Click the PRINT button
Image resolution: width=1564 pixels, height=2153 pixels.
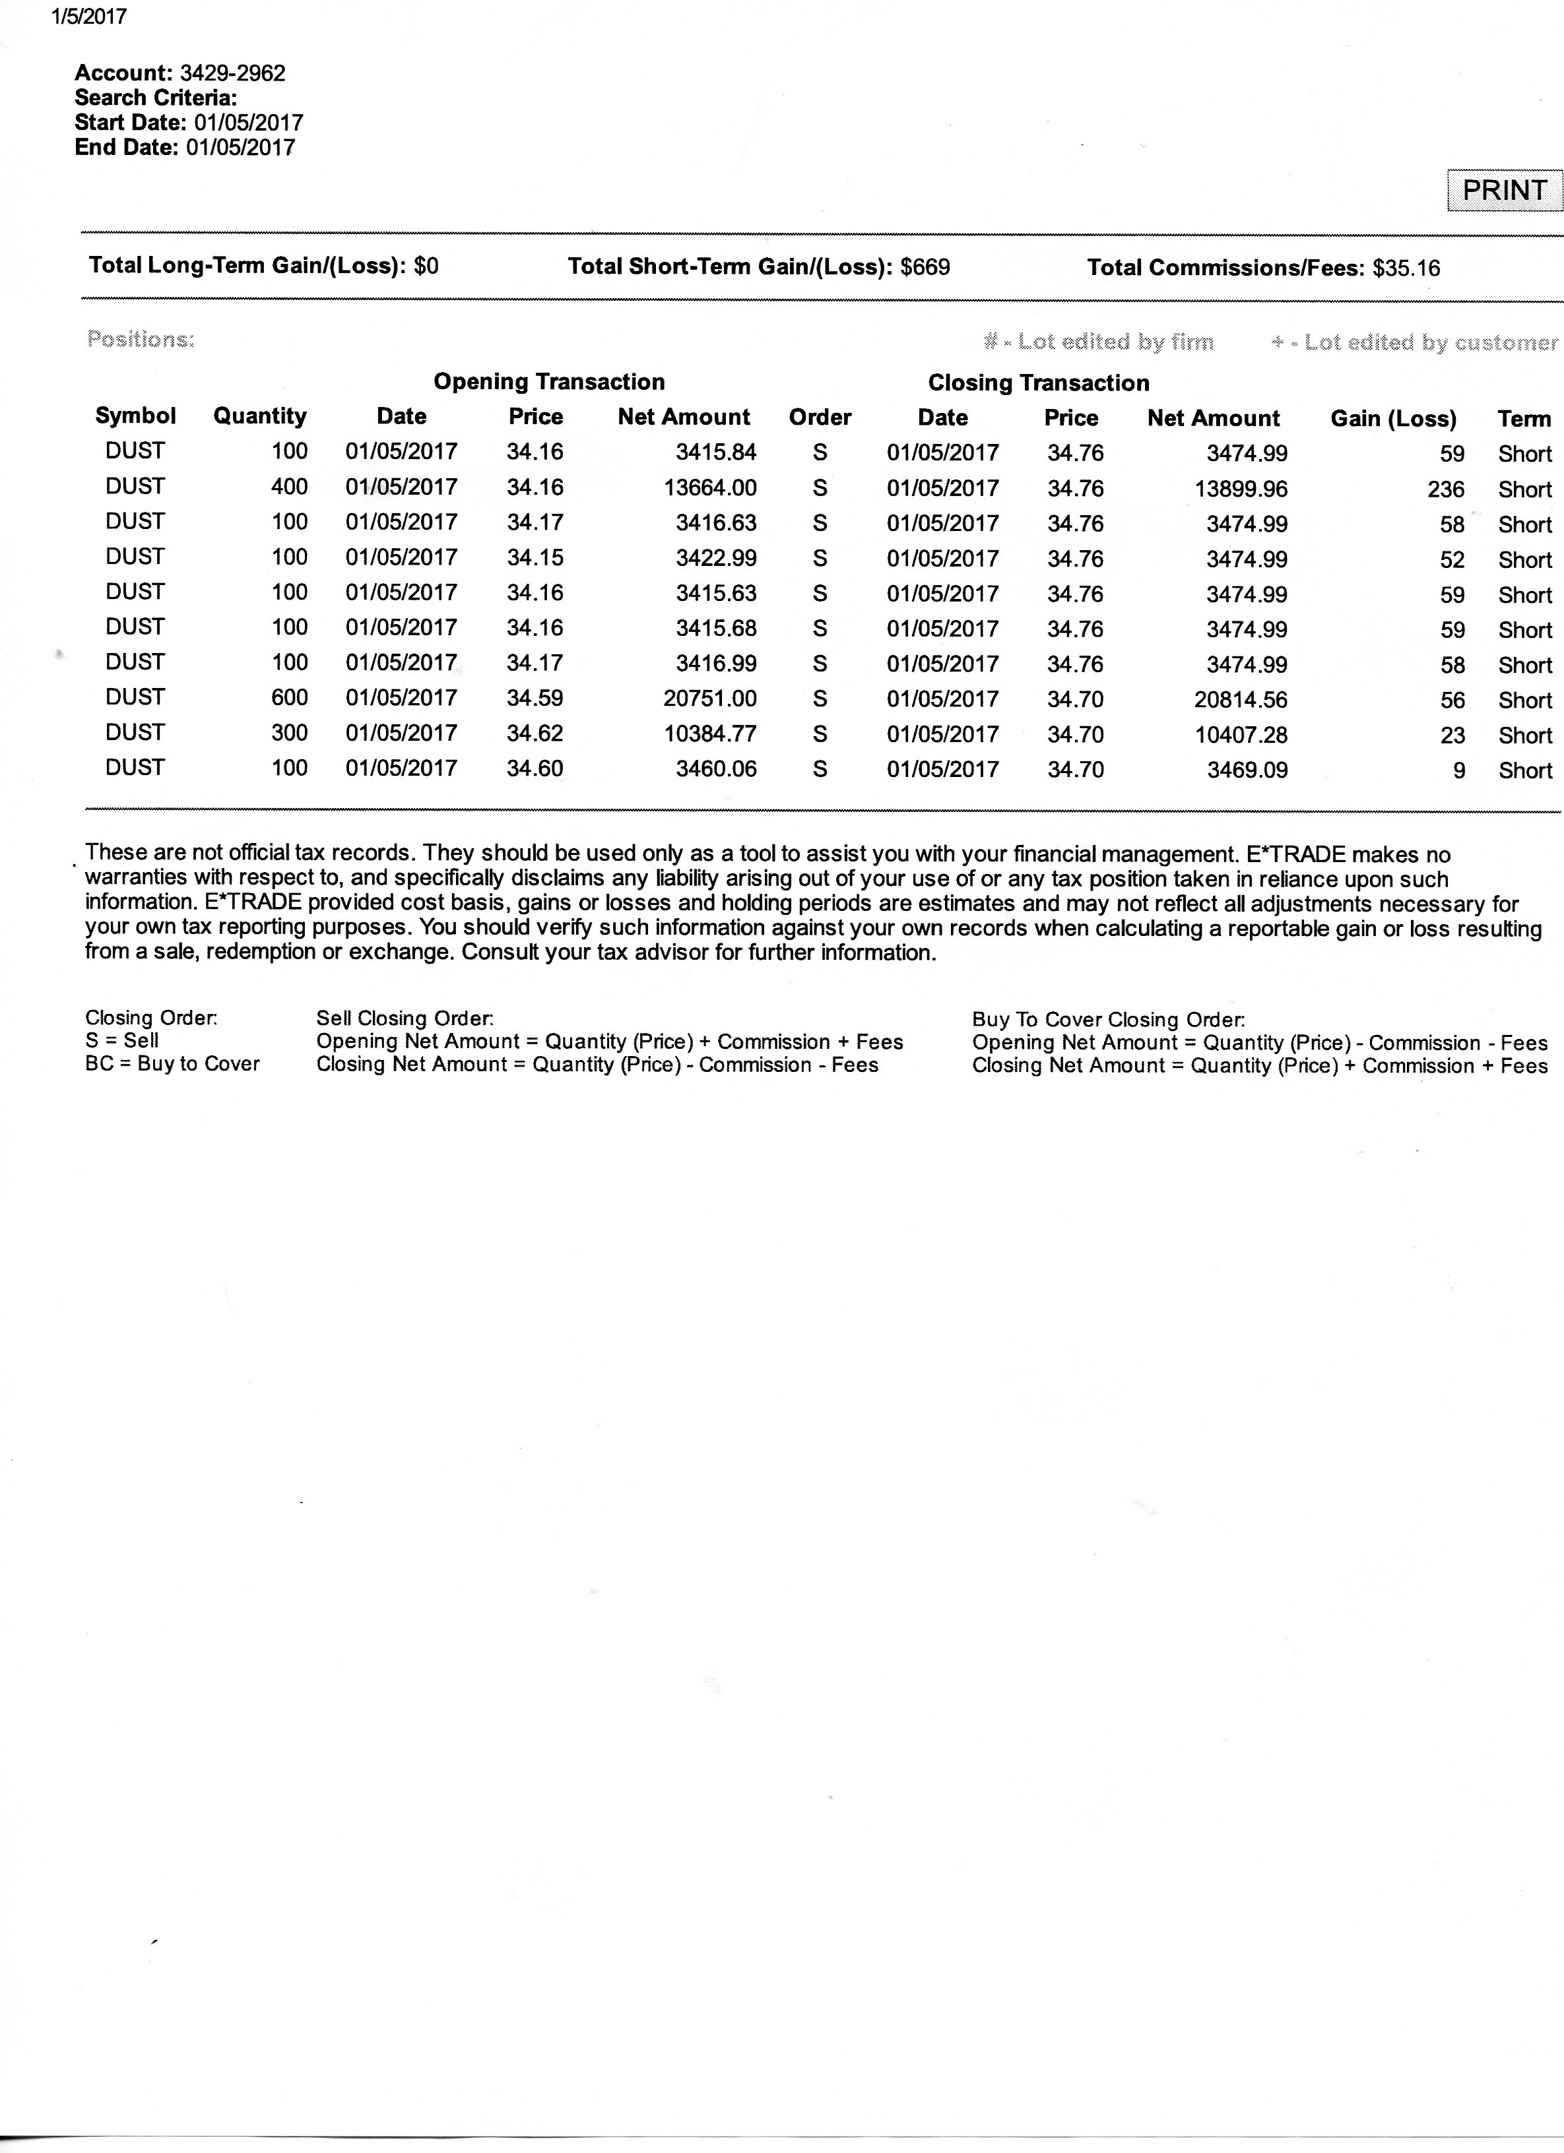pos(1503,190)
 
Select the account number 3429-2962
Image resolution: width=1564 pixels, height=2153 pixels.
pos(233,73)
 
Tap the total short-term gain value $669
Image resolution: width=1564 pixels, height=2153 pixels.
pos(925,266)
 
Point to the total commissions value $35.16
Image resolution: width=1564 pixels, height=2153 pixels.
pos(1406,268)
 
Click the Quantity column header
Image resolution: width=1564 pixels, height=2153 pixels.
pos(259,416)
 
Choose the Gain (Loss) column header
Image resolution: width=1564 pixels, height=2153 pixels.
pos(1392,419)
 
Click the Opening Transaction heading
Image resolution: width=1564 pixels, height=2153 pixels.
pos(549,382)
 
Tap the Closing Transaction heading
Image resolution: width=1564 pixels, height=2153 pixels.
pos(1038,383)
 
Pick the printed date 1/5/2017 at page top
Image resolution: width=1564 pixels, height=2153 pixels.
pos(86,17)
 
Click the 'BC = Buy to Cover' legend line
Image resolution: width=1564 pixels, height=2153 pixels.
pos(172,1063)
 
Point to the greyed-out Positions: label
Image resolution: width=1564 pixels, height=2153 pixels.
pos(141,339)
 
